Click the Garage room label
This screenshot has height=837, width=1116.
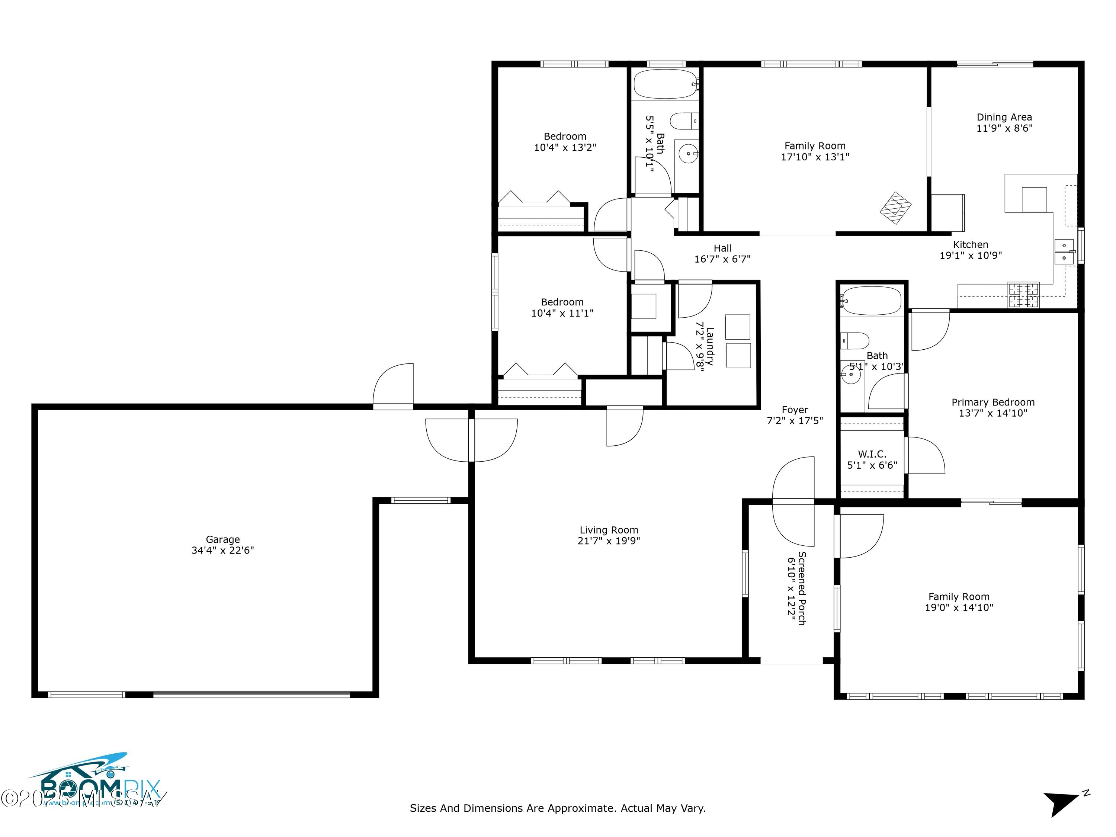pyautogui.click(x=222, y=539)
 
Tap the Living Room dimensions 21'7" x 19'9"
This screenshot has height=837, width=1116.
pyautogui.click(x=609, y=541)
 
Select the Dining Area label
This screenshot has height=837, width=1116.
pyautogui.click(x=1004, y=117)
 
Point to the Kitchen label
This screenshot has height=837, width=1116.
pyautogui.click(x=970, y=245)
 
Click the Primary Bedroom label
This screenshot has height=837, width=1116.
pyautogui.click(x=992, y=402)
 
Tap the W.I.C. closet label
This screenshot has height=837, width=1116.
pyautogui.click(x=872, y=454)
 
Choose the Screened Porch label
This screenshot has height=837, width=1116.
pyautogui.click(x=801, y=588)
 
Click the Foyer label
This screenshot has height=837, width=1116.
pyautogui.click(x=795, y=410)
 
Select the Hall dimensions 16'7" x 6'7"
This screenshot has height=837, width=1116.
pyautogui.click(x=722, y=259)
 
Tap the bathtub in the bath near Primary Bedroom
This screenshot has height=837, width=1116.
pyautogui.click(x=872, y=301)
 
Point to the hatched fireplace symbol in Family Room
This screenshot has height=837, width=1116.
pyautogui.click(x=895, y=208)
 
